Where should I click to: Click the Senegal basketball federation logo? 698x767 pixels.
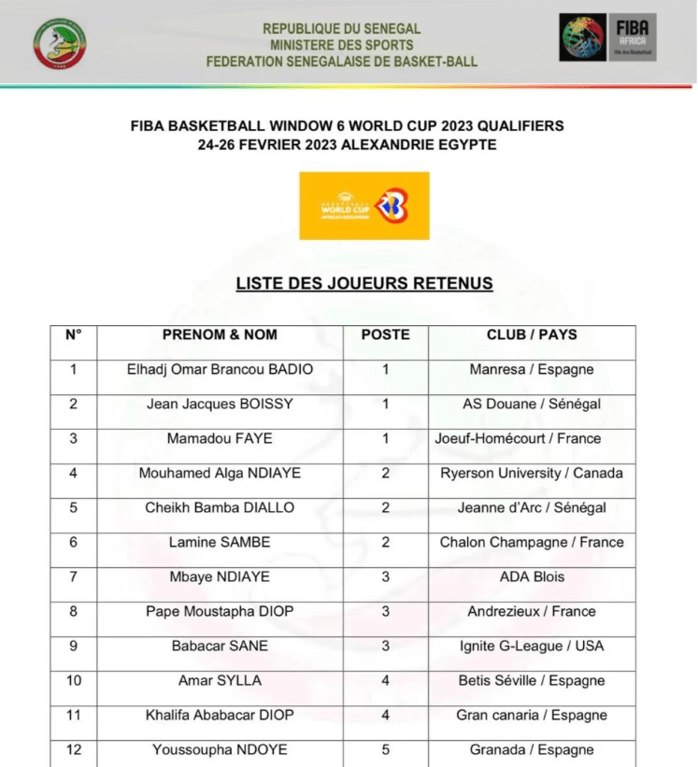pos(59,44)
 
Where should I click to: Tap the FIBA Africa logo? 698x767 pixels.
pos(608,38)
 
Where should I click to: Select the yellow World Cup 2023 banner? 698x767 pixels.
pos(364,206)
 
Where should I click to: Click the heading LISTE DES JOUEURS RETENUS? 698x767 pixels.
pos(364,283)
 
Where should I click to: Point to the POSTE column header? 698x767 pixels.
pos(385,334)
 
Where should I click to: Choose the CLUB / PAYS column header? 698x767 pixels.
pos(532,334)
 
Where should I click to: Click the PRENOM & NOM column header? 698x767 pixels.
pos(220,334)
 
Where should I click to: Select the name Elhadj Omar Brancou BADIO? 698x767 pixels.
pos(220,369)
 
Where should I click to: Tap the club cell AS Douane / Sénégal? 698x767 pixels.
pos(532,405)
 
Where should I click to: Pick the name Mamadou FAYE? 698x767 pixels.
pos(220,439)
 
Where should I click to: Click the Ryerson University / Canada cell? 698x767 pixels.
pos(532,474)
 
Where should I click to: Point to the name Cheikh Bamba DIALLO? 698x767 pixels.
pos(220,508)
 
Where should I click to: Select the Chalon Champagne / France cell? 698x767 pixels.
pos(532,543)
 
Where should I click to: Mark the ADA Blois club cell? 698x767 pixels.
pos(532,577)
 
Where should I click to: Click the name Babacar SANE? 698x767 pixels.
pos(220,646)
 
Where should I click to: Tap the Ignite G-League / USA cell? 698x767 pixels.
pos(532,646)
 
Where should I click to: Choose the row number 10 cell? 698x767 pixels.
pos(74,681)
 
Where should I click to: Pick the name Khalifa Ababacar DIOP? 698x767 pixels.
pos(220,716)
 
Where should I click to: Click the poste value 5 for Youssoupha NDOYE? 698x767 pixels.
pos(385,750)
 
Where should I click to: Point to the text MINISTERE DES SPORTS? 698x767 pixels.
pos(342,45)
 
